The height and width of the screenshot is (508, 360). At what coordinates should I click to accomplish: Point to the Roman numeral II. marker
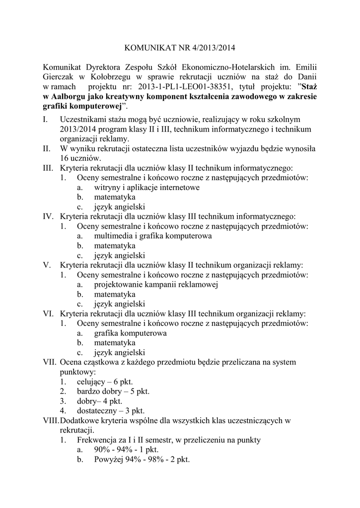pyautogui.click(x=47, y=148)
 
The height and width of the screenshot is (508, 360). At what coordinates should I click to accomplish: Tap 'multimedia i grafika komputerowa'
pyautogui.click(x=153, y=236)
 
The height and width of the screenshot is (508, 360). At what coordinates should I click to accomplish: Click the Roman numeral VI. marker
pyautogui.click(x=49, y=314)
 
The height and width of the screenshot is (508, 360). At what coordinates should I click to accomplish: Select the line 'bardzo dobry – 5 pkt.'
pyautogui.click(x=113, y=391)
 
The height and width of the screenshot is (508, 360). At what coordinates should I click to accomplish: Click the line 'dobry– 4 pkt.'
pyautogui.click(x=99, y=401)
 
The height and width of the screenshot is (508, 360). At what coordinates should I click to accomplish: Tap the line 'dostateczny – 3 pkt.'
pyautogui.click(x=110, y=411)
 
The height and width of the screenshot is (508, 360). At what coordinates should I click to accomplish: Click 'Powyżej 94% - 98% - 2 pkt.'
pyautogui.click(x=142, y=459)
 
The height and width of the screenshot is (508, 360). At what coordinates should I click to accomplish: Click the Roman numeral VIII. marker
pyautogui.click(x=51, y=421)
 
